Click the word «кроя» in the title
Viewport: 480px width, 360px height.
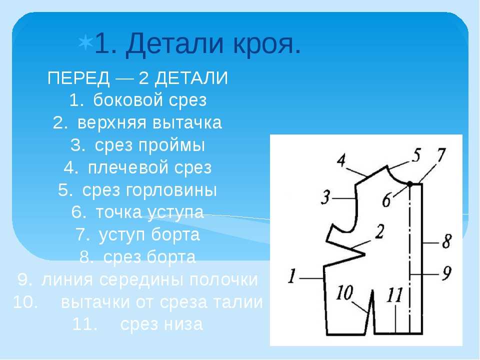[x=266, y=43]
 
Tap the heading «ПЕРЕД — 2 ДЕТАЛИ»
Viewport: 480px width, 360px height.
[x=138, y=78]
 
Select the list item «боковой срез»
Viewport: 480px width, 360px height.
[x=150, y=100]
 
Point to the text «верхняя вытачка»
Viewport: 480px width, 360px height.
[x=149, y=122]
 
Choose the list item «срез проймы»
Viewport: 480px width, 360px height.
[x=149, y=145]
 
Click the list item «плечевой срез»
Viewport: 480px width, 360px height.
[x=150, y=168]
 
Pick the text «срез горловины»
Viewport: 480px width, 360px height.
[x=149, y=190]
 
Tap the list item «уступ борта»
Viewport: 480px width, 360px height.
[x=149, y=235]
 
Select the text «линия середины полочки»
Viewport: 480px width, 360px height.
[x=149, y=280]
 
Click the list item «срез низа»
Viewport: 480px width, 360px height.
[x=161, y=324]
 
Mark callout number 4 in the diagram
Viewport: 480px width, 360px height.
[x=341, y=160]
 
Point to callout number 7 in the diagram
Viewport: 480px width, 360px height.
[x=441, y=155]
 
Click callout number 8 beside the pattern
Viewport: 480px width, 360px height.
[x=447, y=241]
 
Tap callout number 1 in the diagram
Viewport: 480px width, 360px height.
[x=292, y=275]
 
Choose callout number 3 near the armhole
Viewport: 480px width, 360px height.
[x=325, y=197]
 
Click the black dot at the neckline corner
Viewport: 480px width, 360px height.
[x=409, y=183]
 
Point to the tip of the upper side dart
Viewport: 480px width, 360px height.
[x=365, y=254]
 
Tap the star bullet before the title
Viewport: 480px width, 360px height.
[x=85, y=43]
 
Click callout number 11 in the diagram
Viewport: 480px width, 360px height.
[x=395, y=295]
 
